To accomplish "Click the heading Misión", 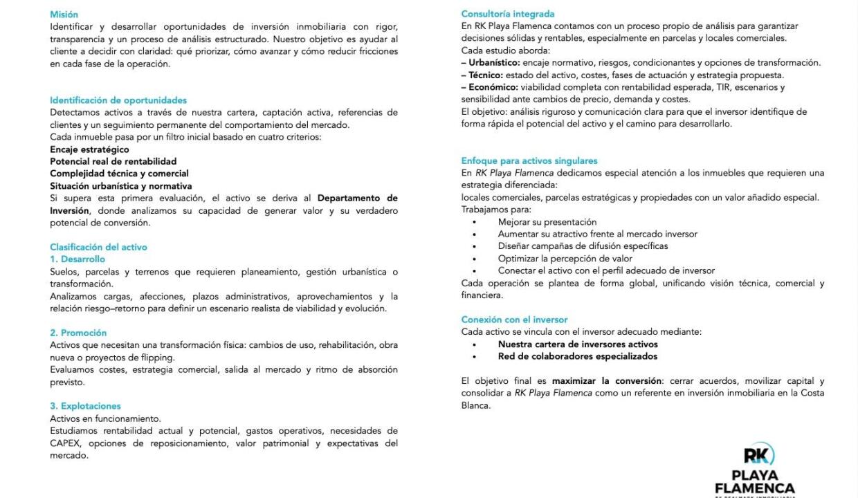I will [x=64, y=14].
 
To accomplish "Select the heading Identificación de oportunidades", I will [x=118, y=100].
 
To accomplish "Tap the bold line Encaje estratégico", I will [x=89, y=149].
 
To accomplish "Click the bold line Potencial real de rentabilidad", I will [x=113, y=161].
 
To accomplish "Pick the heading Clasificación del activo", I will [x=98, y=247].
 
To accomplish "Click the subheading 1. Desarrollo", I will [x=77, y=259].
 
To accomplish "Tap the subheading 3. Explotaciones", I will [x=85, y=406].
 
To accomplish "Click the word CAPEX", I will [x=66, y=443].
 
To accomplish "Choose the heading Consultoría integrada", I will [x=507, y=14].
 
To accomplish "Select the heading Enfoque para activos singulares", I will [x=529, y=161].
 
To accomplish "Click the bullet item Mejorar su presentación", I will [x=547, y=222].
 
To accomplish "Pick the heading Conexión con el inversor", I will [x=514, y=320].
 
